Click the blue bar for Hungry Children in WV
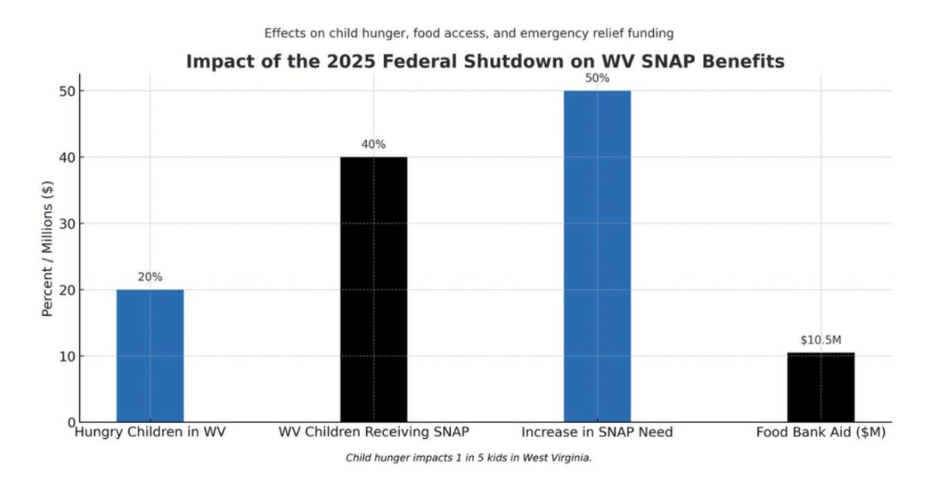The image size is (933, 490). pos(150,355)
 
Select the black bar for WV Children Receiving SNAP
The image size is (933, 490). pos(373,289)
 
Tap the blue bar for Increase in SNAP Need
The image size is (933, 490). pos(597,256)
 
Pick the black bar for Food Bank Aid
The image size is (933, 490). pos(820,387)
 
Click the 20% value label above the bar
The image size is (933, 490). pos(150,277)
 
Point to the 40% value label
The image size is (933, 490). pos(373,145)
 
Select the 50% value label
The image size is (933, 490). pos(597,79)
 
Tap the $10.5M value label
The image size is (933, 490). pos(820,341)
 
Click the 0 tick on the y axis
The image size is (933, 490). pos(69,422)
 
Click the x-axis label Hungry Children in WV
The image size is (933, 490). pos(150,432)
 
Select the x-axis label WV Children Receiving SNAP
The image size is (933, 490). pos(373,432)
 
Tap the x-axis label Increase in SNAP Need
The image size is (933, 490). pos(597,432)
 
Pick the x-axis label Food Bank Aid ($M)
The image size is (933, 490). pos(820,432)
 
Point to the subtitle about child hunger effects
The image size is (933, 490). pos(468,33)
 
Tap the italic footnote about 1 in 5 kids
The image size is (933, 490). pos(468,457)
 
